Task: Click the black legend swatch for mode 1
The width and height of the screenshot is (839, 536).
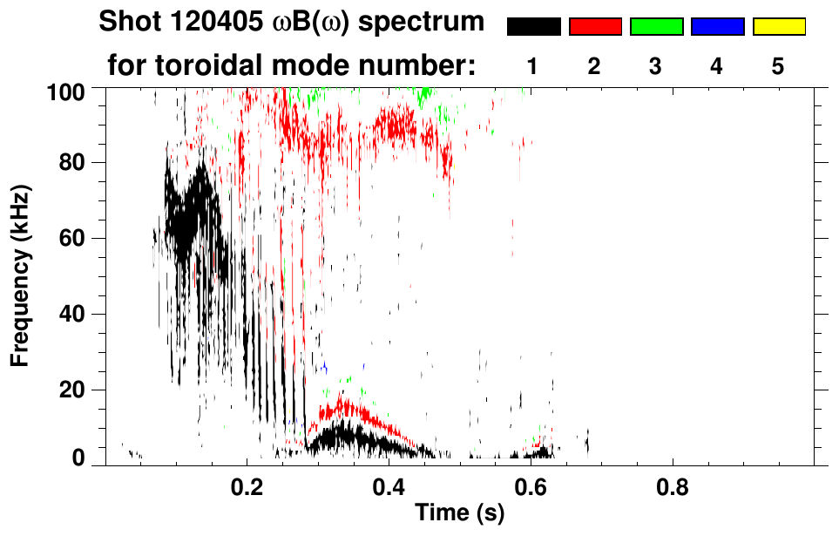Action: [x=533, y=27]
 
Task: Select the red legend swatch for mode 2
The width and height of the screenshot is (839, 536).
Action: [x=595, y=27]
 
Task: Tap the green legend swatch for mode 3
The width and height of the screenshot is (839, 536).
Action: [x=656, y=27]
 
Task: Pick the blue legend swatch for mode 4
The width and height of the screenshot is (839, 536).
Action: [x=717, y=27]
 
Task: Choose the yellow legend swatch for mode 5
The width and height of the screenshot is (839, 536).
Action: [x=778, y=27]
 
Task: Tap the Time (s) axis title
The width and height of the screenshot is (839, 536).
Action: [x=458, y=513]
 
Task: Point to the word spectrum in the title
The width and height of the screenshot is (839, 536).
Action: [x=427, y=22]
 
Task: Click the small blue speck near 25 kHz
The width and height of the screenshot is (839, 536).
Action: [x=324, y=369]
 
